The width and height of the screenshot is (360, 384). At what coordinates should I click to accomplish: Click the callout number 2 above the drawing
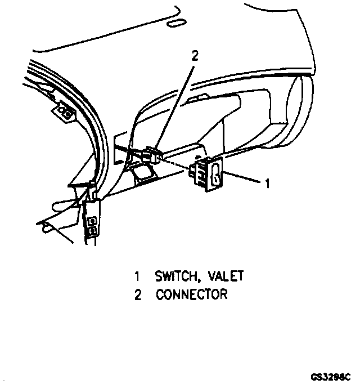(195, 55)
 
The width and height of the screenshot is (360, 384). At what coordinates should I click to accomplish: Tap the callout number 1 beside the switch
(268, 183)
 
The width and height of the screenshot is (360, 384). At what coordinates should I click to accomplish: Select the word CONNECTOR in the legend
(192, 294)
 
